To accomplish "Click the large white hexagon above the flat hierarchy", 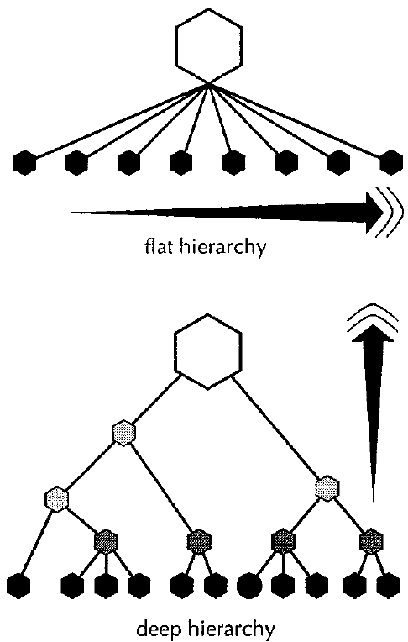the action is (x=209, y=46).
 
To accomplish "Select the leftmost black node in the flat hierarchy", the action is (x=24, y=162).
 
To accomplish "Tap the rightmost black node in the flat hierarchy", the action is (x=391, y=161).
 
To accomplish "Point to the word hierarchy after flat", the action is (x=223, y=248).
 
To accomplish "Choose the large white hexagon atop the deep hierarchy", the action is (x=208, y=352).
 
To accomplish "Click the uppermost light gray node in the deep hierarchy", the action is (x=124, y=432).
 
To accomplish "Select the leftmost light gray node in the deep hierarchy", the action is (x=56, y=498).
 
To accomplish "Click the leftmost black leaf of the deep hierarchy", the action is (x=18, y=587).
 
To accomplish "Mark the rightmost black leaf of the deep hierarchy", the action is (x=388, y=587).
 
